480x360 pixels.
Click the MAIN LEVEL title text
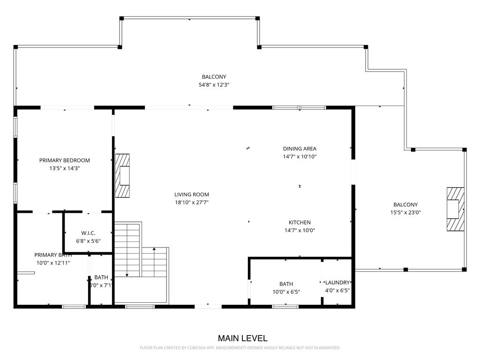tap(242, 338)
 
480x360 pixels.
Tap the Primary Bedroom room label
tap(64, 160)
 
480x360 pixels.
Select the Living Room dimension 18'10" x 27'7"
tap(191, 202)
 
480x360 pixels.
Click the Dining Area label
tap(300, 149)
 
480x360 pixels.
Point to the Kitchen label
tap(300, 222)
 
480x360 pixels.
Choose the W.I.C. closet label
tap(88, 233)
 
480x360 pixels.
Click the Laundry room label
tap(337, 283)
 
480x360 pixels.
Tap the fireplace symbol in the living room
tap(123, 176)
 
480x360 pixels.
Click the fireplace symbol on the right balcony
tap(454, 209)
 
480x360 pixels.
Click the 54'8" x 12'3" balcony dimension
tap(214, 85)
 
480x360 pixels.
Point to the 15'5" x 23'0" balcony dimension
tap(405, 212)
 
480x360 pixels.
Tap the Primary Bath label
tap(53, 255)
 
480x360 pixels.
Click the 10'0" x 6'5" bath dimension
tap(286, 292)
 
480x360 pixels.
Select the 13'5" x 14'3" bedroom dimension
tap(64, 168)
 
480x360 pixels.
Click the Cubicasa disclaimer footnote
tap(240, 348)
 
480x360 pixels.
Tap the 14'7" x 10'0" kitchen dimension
tap(300, 230)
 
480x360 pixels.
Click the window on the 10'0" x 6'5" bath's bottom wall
tap(285, 307)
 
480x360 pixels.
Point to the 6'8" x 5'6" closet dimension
tap(88, 241)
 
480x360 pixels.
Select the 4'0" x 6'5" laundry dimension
tap(337, 290)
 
